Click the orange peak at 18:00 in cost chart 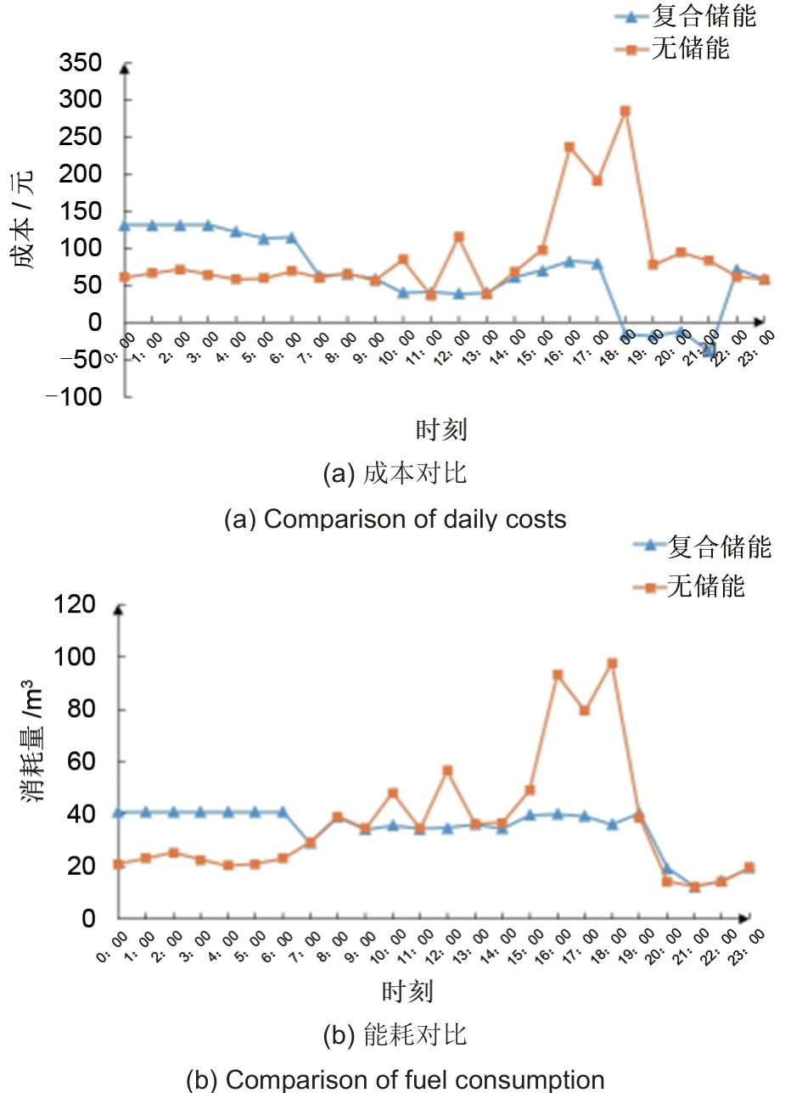tap(626, 111)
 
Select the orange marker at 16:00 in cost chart tap(569, 147)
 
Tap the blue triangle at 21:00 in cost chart tap(710, 349)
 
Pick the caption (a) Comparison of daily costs tap(395, 518)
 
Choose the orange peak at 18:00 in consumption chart tap(612, 664)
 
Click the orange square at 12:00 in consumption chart tap(447, 771)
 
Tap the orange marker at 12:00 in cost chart tap(458, 237)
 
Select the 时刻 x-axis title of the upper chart tap(441, 430)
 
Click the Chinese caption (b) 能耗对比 tap(395, 1035)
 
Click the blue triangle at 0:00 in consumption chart tap(120, 812)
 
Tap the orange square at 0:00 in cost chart tap(125, 277)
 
